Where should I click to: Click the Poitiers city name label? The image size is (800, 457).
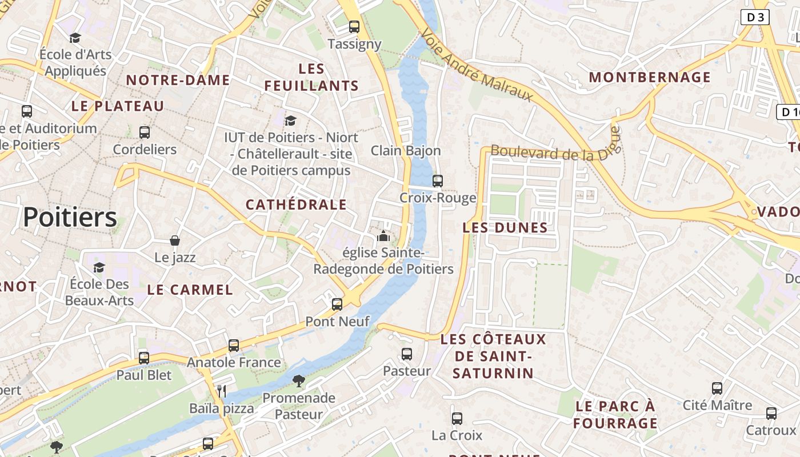tap(70, 218)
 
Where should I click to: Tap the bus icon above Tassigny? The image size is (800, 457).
tap(354, 26)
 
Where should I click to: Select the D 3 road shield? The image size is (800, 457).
tap(755, 17)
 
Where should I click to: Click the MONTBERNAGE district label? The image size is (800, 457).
tap(650, 77)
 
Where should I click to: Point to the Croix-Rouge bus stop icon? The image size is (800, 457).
tap(438, 181)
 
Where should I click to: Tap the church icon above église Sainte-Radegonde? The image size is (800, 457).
tap(383, 235)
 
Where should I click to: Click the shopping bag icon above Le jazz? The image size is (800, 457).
tap(175, 240)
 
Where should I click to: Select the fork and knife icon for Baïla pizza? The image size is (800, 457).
tap(222, 391)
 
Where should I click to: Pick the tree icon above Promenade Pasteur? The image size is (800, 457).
tap(298, 380)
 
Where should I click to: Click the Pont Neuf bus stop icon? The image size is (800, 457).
tap(337, 304)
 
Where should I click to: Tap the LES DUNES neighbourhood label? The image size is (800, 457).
tap(505, 228)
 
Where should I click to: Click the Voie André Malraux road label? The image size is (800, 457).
tap(477, 67)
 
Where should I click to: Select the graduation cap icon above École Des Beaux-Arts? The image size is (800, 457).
tap(99, 267)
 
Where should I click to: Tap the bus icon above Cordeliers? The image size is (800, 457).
tap(145, 133)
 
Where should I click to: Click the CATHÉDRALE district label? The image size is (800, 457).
tap(296, 205)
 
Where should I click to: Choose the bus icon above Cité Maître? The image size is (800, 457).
tap(717, 388)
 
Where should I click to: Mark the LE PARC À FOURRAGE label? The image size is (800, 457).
tap(615, 415)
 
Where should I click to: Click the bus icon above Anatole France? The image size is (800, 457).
tap(233, 345)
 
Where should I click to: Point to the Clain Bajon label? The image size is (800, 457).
tap(406, 151)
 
